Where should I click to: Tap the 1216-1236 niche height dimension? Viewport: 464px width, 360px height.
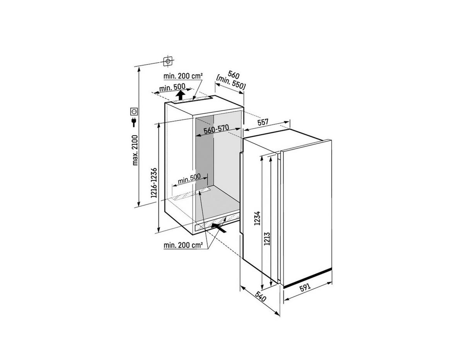154,183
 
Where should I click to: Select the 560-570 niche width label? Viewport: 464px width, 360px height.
216,131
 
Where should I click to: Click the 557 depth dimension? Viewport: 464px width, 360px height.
263,122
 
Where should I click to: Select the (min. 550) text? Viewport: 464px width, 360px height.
231,83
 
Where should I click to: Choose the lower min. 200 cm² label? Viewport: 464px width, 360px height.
183,245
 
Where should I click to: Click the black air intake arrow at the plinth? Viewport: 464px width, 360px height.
220,228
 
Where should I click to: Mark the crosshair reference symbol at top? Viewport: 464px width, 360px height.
168,61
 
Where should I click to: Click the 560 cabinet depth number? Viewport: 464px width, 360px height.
233,74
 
